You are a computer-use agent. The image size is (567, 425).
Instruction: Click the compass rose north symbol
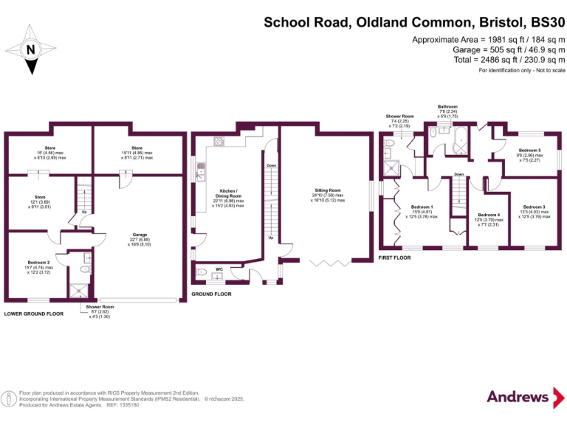click(x=31, y=50)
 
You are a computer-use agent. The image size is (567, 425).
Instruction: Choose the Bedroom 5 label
click(x=529, y=150)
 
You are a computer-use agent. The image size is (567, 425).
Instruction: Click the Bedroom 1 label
click(x=422, y=207)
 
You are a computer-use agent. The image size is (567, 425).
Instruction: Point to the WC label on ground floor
click(x=219, y=269)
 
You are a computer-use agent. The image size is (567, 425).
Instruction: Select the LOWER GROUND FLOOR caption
click(x=34, y=314)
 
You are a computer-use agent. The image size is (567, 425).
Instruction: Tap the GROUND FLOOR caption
click(x=212, y=294)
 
